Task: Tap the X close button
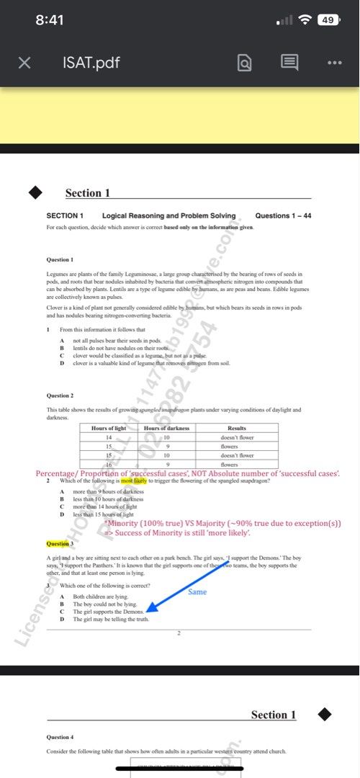(24, 63)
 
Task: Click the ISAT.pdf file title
(91, 63)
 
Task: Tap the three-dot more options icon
(334, 63)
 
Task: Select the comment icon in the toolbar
(289, 63)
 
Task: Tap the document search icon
(245, 63)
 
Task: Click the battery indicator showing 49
(328, 20)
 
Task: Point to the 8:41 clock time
(49, 20)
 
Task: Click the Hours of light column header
(109, 429)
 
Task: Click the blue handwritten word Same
(197, 591)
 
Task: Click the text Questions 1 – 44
(283, 215)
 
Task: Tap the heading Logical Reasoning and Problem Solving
(168, 215)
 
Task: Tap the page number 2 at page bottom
(179, 632)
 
